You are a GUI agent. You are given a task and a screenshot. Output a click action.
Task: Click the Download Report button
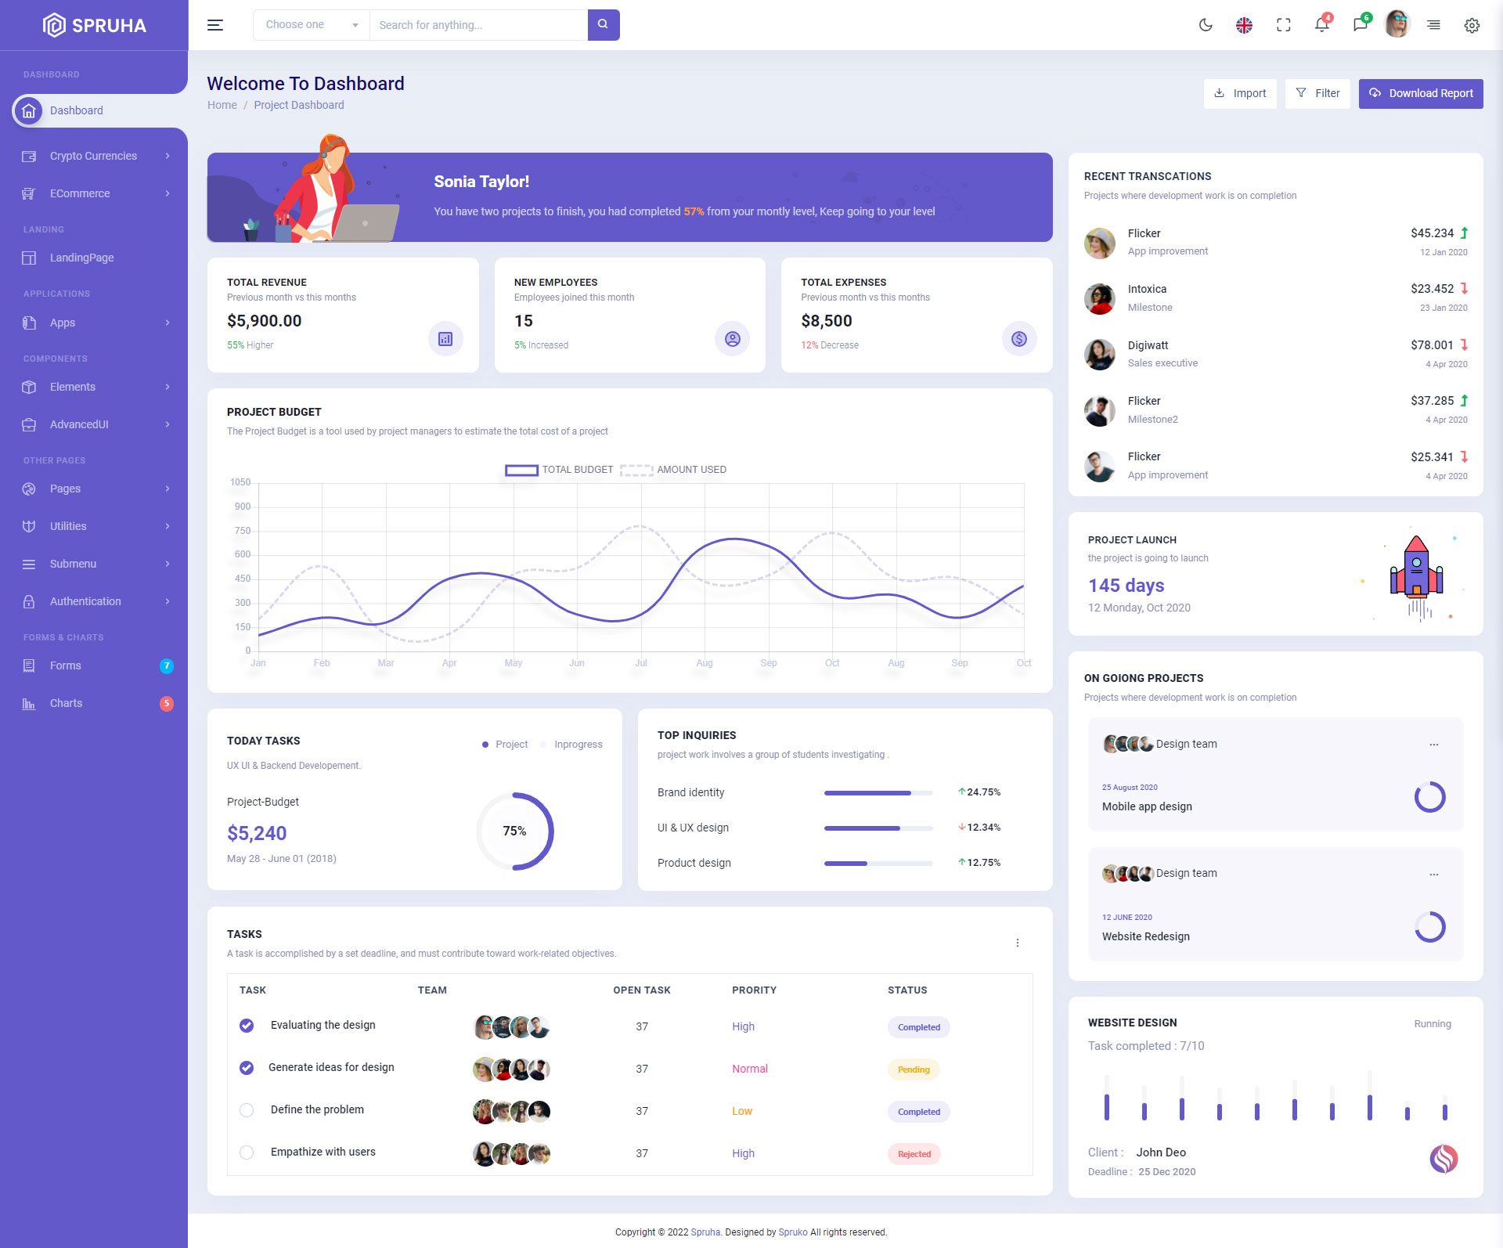tap(1420, 93)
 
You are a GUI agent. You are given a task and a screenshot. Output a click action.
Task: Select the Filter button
tap(1317, 93)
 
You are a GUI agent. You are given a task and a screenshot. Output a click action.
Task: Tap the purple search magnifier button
tap(603, 24)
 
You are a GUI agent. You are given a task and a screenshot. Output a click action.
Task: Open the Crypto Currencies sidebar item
tap(93, 156)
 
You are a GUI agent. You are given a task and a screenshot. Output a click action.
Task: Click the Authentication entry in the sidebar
tap(85, 601)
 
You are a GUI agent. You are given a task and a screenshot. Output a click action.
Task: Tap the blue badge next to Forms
tap(166, 665)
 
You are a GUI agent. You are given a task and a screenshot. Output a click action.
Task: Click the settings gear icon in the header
tap(1472, 25)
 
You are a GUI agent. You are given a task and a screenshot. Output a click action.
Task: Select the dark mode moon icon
tap(1206, 25)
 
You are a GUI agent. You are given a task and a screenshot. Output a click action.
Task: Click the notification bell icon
tap(1321, 25)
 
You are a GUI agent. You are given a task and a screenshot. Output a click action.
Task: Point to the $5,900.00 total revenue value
tap(265, 321)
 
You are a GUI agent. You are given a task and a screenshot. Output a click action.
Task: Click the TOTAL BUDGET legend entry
tap(559, 470)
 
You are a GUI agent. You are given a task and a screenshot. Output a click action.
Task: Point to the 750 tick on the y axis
tap(243, 531)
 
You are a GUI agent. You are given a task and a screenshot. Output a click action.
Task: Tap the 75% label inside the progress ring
tap(514, 831)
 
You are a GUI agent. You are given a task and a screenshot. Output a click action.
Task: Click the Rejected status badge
tap(914, 1154)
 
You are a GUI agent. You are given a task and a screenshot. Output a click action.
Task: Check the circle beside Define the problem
tap(247, 1110)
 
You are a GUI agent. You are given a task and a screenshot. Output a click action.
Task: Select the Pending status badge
tap(914, 1069)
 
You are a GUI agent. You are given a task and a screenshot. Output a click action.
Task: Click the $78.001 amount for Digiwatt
tap(1432, 345)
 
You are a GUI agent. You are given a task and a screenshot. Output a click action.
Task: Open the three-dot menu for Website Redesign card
tap(1433, 875)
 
